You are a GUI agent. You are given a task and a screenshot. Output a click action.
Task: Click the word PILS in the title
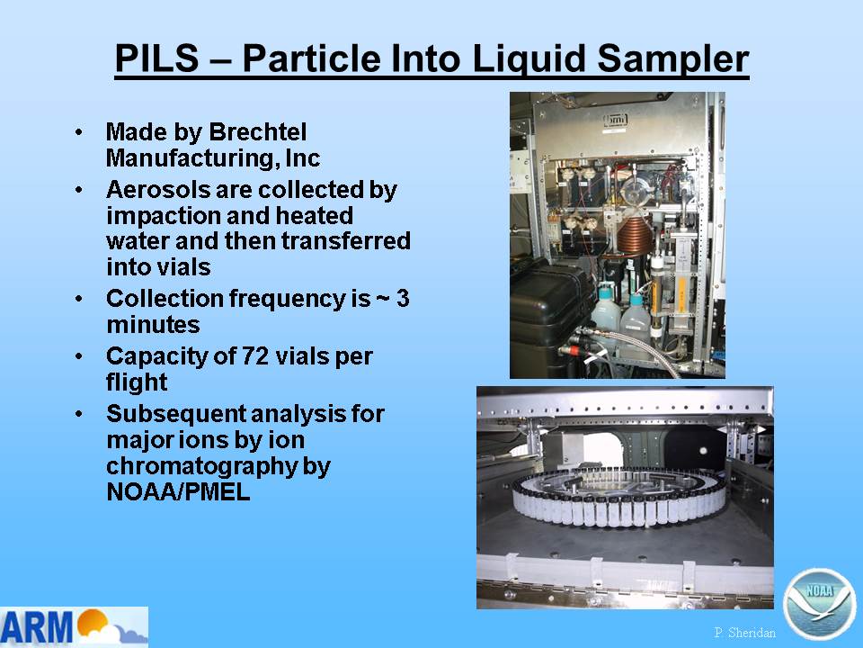pos(156,58)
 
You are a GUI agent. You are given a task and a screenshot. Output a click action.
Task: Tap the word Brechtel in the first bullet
pos(258,131)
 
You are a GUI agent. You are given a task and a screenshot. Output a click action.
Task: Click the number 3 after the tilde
pos(403,298)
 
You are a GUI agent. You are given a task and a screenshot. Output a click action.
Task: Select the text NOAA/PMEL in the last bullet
pos(178,491)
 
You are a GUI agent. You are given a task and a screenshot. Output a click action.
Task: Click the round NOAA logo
pos(819,604)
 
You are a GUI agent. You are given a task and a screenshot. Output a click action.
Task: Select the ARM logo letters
pos(36,627)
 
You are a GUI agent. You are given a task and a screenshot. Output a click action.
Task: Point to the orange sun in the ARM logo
pos(92,622)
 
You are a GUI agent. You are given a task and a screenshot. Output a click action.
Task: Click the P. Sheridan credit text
pos(744,632)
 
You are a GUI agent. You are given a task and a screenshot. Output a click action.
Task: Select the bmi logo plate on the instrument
pos(615,120)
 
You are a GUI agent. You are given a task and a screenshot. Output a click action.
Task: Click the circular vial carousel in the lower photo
pos(619,498)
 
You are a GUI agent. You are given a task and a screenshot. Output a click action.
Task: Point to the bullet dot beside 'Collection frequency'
pos(79,299)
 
